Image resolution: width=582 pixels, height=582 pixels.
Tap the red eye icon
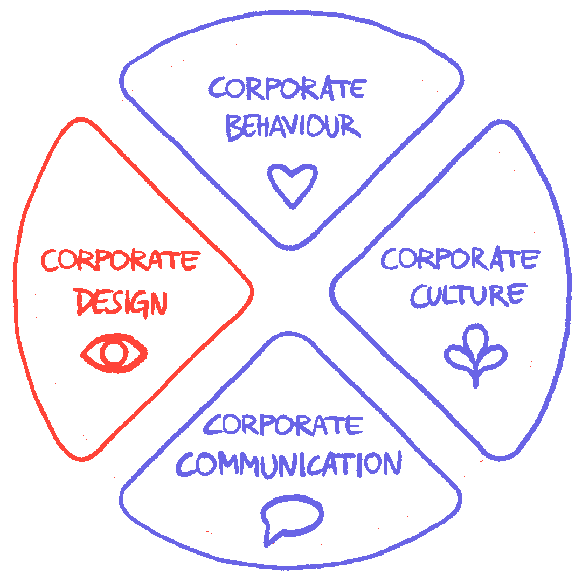(114, 354)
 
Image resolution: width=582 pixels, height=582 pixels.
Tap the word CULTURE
(467, 295)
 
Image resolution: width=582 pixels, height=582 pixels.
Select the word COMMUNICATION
(289, 463)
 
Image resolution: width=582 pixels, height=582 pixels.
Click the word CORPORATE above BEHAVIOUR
(288, 88)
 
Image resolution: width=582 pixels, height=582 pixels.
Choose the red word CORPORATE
(119, 261)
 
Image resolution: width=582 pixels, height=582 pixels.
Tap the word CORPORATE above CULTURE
(459, 259)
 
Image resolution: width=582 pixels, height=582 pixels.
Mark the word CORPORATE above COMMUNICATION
(283, 425)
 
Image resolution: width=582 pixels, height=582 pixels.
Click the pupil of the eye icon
(114, 354)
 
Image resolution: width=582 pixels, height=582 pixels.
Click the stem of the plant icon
(475, 376)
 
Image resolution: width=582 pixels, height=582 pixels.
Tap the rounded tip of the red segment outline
(251, 291)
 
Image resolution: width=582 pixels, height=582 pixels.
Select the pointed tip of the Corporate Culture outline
(333, 292)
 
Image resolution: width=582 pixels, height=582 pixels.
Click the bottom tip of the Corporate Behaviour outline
(292, 248)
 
